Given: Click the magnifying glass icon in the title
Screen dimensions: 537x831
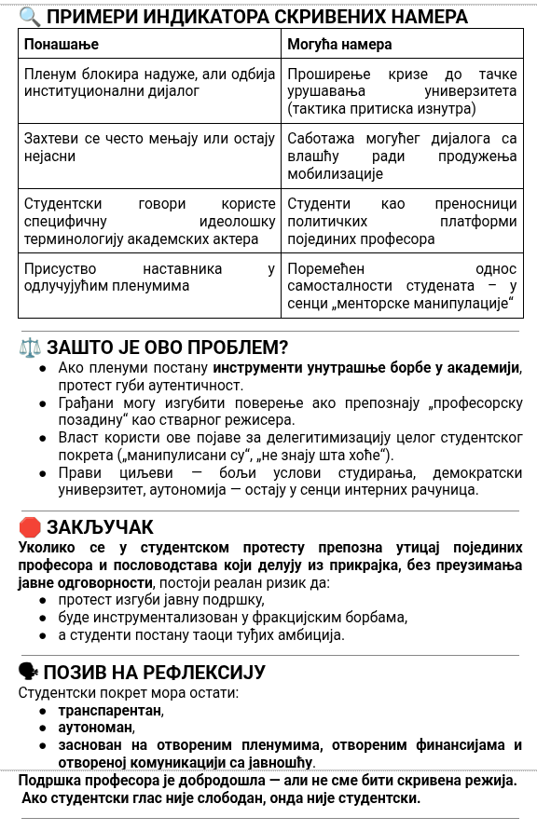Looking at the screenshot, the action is [29, 16].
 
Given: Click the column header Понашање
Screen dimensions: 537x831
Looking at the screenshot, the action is [62, 44].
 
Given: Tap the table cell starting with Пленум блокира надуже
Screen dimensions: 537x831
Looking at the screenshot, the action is [149, 82].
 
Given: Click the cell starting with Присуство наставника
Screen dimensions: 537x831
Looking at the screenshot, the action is [149, 277].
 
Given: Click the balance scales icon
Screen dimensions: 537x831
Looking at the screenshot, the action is [30, 347].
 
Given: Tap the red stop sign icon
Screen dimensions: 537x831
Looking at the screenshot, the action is [30, 527].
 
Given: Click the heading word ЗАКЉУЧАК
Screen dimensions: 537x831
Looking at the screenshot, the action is [100, 527].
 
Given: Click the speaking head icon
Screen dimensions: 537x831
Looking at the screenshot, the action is [29, 672].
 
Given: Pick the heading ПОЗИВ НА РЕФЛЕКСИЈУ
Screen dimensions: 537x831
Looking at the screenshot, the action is [155, 672].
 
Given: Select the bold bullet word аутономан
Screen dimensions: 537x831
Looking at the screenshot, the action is [96, 727].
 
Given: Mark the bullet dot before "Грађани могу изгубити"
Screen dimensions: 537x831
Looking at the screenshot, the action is [43, 402].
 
